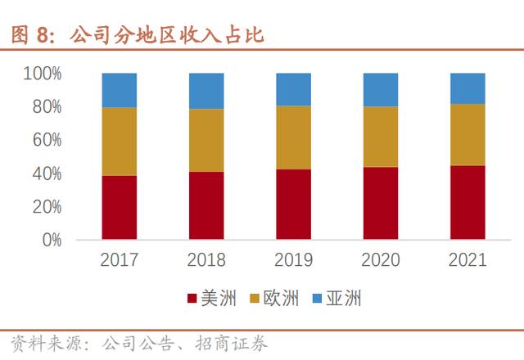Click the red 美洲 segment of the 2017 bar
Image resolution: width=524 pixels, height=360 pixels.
click(x=120, y=208)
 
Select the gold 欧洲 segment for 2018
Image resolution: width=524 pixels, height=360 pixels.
click(x=206, y=140)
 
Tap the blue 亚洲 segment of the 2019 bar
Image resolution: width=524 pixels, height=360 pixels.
click(x=293, y=89)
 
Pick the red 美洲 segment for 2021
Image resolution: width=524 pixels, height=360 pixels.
click(x=468, y=203)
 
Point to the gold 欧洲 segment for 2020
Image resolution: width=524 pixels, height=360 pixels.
click(x=381, y=137)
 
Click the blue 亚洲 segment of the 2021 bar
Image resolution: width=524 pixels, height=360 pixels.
click(x=468, y=88)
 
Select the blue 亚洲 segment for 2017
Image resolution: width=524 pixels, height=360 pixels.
click(x=120, y=90)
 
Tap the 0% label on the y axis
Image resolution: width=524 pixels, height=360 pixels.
click(x=51, y=241)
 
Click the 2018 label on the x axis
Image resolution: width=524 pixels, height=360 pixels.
click(x=206, y=261)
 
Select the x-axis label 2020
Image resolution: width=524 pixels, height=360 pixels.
click(x=381, y=261)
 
